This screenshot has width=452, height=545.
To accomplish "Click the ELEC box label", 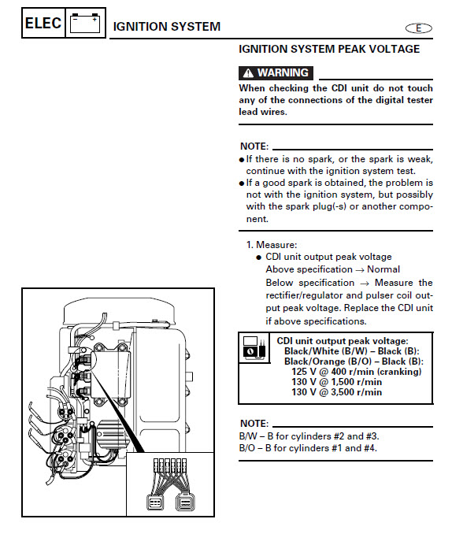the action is pos(43,23).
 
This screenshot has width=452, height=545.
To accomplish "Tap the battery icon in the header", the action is pos(85,23).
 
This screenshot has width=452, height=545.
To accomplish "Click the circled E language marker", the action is pos(419,28).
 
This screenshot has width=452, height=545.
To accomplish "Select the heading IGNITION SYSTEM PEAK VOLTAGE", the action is pos(329,49).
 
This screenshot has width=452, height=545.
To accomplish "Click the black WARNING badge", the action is pos(276,73).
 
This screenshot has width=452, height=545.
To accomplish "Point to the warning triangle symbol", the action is pos(248,73).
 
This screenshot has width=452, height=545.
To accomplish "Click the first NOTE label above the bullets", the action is pos(254,146).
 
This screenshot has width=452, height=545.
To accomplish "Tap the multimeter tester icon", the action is pos(254,348).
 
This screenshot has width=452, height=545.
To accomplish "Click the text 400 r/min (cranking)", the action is pos(376,372).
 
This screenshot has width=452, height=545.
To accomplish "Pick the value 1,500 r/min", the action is pos(357,382).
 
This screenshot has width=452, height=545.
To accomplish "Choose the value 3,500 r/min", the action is pos(357,392).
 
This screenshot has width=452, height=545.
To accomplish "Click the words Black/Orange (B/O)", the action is pos(324,361).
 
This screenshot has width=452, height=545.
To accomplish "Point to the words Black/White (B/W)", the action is pos(321,351).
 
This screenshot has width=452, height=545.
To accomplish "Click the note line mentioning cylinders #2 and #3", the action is pos(309,436).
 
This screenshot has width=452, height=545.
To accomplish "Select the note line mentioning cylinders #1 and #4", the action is pos(308,448).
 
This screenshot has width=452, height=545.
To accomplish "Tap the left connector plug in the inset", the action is pos(155,502).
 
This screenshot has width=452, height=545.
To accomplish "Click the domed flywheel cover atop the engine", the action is pos(119,311).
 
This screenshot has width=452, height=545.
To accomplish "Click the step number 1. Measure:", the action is pos(272,245).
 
